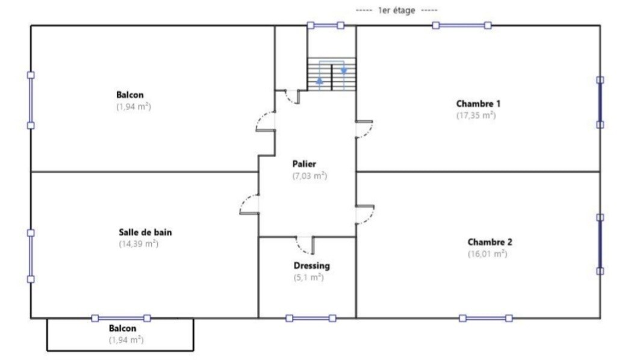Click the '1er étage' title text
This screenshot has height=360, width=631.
coord(396,10)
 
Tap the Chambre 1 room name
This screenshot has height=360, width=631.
coord(478,103)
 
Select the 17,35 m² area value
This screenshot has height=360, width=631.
coord(476,114)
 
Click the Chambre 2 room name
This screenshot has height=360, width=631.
coord(490,242)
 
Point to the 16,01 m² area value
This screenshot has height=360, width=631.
coord(487,253)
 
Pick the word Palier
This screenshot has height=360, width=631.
coord(304,164)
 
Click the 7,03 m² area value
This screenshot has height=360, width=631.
coord(309,176)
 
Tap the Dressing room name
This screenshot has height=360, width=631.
coord(311,265)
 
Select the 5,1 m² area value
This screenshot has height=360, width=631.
coord(308,278)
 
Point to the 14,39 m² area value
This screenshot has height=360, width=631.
coord(138,244)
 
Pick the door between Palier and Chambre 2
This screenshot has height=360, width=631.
coord(365,214)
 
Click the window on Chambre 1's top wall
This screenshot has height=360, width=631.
coord(461,25)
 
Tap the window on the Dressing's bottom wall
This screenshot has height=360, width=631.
coord(311,318)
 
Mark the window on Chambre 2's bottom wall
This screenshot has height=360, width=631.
coord(485,318)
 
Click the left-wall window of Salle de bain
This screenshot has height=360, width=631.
coord(31,256)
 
